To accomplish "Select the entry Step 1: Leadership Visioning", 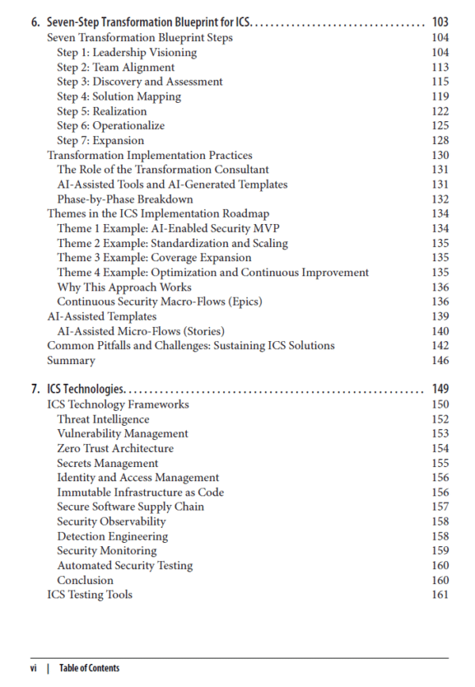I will (127, 52).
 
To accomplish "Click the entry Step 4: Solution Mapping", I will (119, 97).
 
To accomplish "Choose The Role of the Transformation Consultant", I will (163, 169).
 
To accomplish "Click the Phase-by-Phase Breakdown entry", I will (125, 199).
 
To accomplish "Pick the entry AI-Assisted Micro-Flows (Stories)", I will (140, 331).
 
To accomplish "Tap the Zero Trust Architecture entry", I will (115, 448).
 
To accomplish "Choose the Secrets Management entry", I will (108, 463).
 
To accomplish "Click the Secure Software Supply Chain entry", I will (130, 507).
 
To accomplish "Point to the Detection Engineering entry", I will (114, 536).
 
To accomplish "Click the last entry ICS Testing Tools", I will (89, 594).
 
